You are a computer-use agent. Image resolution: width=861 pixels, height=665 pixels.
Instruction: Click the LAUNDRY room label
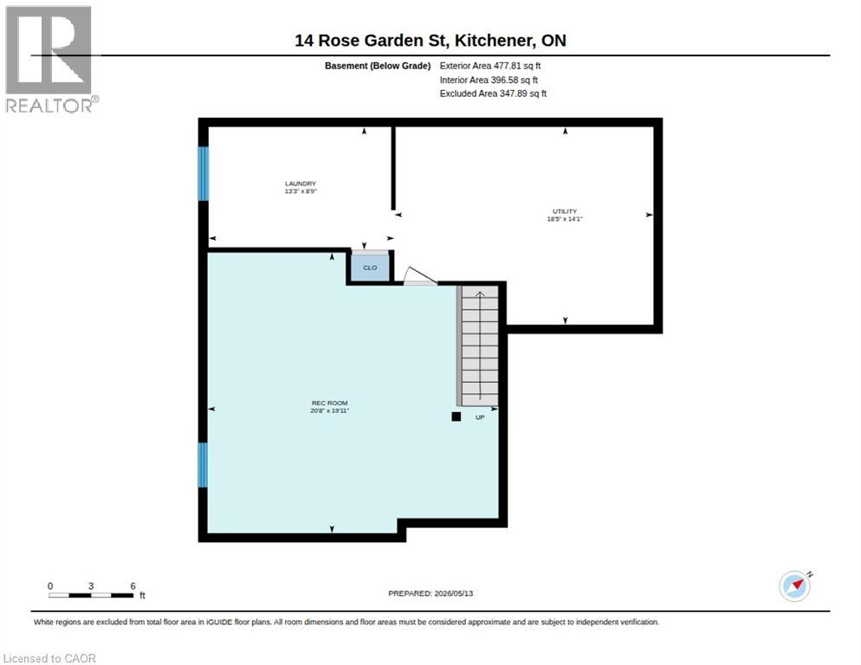(x=301, y=184)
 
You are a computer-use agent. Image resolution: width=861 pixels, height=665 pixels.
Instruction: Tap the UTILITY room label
(x=565, y=211)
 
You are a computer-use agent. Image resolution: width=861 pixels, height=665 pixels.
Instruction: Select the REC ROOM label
(x=329, y=403)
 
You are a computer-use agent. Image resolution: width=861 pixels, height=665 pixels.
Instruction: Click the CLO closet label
(x=370, y=268)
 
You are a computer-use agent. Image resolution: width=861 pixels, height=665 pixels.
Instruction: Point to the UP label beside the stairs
(x=480, y=417)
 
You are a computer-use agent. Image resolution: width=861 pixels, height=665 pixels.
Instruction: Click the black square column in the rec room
(x=456, y=416)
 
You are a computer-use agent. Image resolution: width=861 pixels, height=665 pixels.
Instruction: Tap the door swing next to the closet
(x=420, y=276)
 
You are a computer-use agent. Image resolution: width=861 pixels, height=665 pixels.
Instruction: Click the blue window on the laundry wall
(x=204, y=173)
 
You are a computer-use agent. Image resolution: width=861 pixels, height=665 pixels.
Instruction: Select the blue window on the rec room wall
(x=203, y=465)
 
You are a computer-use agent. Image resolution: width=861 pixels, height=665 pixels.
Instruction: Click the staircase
(x=479, y=346)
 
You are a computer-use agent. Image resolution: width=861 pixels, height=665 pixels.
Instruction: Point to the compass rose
(x=795, y=586)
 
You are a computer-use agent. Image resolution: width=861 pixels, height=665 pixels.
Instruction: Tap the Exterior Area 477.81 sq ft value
(x=489, y=66)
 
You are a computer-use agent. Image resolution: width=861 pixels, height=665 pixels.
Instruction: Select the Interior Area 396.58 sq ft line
(x=489, y=81)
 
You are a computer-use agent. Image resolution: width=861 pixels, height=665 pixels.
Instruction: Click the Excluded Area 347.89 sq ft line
(x=493, y=94)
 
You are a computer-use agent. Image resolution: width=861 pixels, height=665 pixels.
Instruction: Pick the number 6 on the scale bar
(x=133, y=586)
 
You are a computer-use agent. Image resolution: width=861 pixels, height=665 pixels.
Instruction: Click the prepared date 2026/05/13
(x=454, y=594)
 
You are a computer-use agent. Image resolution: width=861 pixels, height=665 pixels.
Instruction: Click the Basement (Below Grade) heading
(x=378, y=66)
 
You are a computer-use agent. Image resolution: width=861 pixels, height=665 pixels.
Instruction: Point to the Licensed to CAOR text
(x=50, y=658)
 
